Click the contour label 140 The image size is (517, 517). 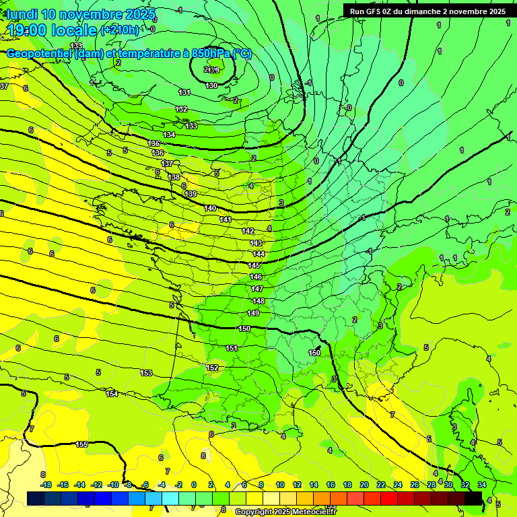210,209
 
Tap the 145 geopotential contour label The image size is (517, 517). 254,265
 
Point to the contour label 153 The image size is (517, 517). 146,373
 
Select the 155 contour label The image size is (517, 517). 81,444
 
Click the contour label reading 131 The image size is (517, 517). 184,92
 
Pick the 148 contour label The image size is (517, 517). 258,301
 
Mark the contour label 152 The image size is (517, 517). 212,368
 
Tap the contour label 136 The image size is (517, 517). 158,153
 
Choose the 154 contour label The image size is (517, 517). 112,394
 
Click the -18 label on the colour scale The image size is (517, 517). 46,485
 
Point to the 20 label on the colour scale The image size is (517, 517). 364,485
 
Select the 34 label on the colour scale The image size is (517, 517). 482,485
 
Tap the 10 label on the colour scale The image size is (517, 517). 279,485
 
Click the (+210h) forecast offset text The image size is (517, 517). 120,30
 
